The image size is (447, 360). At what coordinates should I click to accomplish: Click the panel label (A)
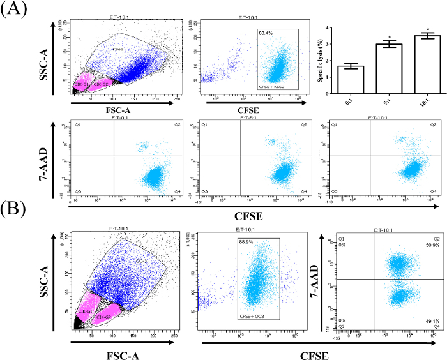click(x=15, y=11)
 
